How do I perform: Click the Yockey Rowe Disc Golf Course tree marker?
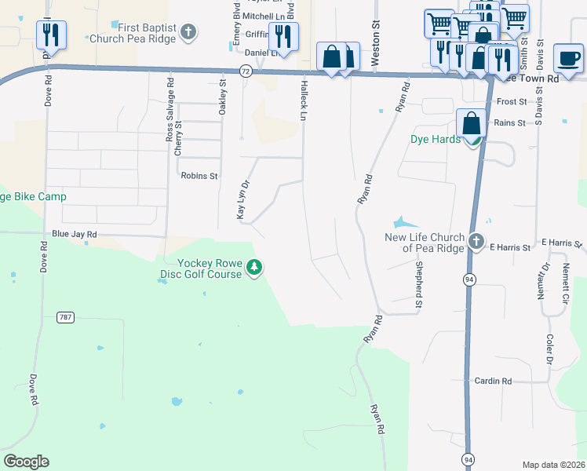pos(254,268)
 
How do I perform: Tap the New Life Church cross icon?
pos(476,242)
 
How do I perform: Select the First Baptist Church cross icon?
pos(188,32)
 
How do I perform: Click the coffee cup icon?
pos(567,57)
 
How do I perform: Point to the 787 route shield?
pos(65,317)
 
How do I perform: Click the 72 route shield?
pos(246,71)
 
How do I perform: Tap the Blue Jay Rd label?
pos(74,234)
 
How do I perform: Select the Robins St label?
pos(199,176)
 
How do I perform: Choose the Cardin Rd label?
pos(493,381)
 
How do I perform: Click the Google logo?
pos(26,462)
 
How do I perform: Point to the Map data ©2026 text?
pos(553,465)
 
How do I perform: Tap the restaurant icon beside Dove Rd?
pos(51,35)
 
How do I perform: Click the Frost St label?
pos(511,102)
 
